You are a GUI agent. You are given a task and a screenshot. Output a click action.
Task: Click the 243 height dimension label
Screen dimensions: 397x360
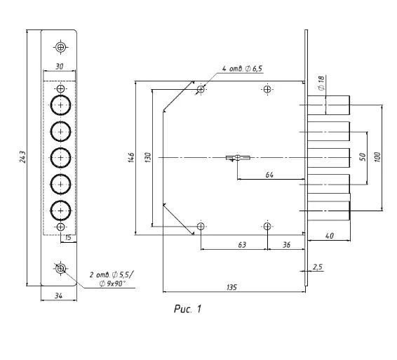(22, 157)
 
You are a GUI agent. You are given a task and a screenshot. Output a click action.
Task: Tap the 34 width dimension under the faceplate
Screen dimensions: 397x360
(58, 295)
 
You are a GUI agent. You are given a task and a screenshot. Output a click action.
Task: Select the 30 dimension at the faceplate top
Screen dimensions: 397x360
(59, 67)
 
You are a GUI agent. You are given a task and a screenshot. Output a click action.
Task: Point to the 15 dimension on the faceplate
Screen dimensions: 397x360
(68, 238)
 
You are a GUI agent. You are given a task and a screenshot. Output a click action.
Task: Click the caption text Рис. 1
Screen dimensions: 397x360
(187, 309)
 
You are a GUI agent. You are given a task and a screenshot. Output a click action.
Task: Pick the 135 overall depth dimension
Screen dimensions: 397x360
(231, 287)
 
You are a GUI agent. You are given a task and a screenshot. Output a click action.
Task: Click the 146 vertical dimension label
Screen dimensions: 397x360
(131, 157)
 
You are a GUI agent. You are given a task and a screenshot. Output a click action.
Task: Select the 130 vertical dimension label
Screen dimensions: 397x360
(148, 157)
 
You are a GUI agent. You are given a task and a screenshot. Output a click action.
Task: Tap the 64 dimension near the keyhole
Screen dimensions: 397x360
(269, 175)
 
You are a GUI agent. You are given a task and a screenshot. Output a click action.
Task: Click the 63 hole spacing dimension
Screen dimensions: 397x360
(242, 245)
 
